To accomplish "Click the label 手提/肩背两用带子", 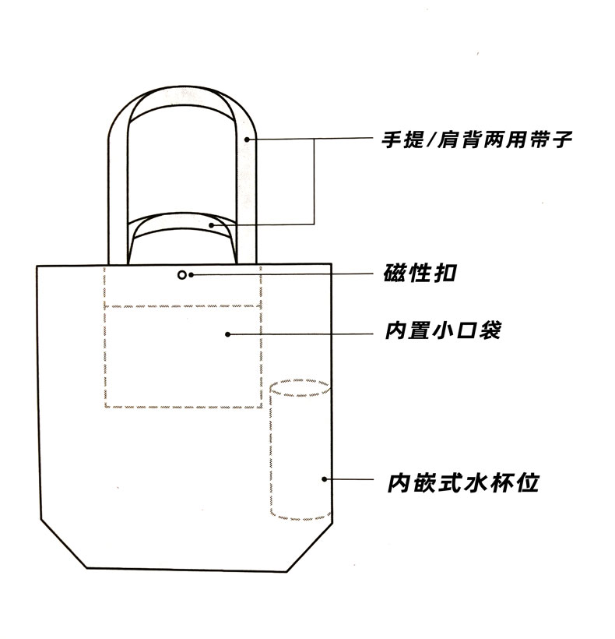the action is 477,139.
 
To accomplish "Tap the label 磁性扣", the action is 420,273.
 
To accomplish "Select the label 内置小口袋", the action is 443,330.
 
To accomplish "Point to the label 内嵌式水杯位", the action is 463,483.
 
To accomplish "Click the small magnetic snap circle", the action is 182,275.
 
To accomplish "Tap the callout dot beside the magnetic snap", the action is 191,275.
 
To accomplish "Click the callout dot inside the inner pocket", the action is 228,334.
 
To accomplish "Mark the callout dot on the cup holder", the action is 325,479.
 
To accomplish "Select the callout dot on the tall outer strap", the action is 247,139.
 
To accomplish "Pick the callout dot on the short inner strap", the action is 211,225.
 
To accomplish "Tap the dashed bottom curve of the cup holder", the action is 300,519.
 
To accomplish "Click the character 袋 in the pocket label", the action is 490,330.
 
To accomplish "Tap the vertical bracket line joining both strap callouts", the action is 315,182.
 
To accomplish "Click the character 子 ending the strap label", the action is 562,139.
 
